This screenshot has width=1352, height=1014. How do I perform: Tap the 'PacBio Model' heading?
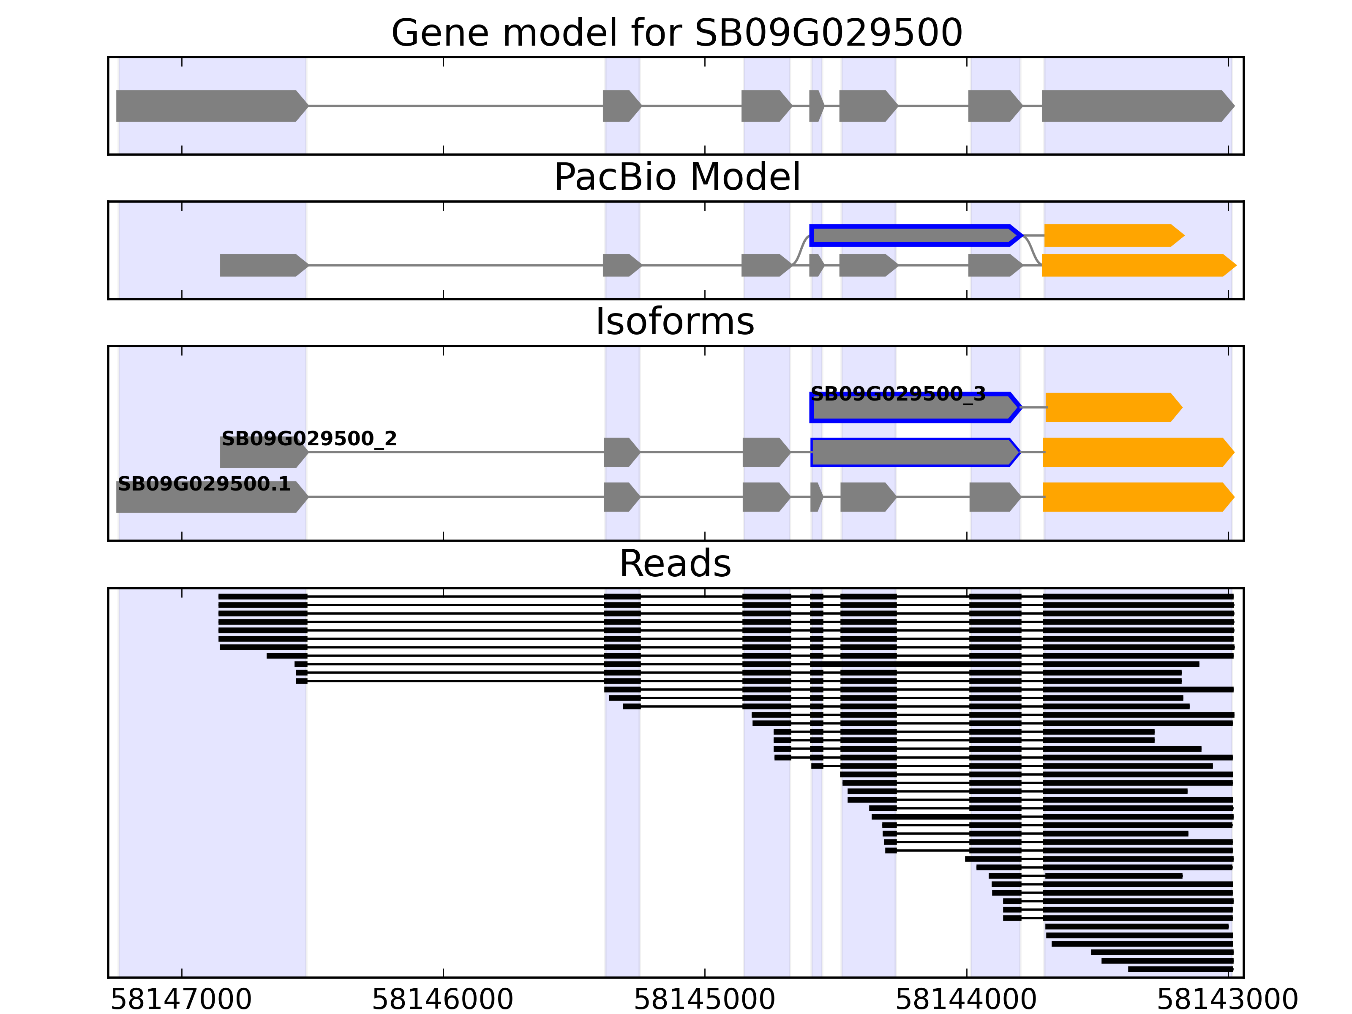pos(676,177)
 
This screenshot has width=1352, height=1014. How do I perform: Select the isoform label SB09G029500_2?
pos(309,439)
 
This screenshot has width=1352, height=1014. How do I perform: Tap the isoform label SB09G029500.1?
pos(204,484)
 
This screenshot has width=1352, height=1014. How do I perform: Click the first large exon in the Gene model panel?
pos(211,106)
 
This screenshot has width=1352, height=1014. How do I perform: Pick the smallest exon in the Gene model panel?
pos(816,106)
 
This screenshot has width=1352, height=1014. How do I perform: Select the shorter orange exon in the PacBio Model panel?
pos(1113,235)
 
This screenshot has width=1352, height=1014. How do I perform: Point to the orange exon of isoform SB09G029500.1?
pos(1137,497)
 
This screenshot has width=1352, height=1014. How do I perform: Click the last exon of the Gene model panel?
pos(1137,106)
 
